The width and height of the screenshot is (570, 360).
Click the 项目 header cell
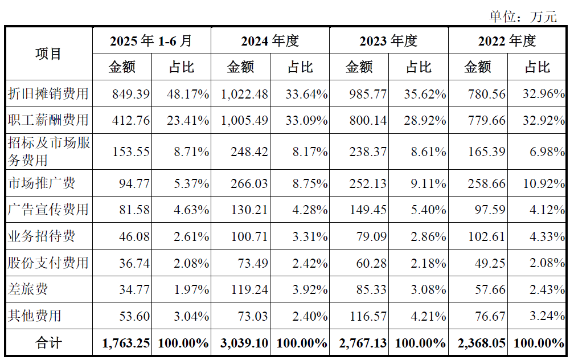click(48, 54)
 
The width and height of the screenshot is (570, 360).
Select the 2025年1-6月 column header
click(151, 41)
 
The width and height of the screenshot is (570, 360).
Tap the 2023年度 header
click(388, 41)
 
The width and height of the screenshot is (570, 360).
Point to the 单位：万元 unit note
click(523, 17)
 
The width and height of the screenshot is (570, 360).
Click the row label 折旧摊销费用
click(48, 94)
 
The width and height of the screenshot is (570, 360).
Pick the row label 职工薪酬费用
click(48, 120)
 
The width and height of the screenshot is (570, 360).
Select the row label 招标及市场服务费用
click(48, 152)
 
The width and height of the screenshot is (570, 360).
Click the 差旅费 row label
click(28, 289)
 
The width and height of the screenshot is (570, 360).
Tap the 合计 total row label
click(48, 343)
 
